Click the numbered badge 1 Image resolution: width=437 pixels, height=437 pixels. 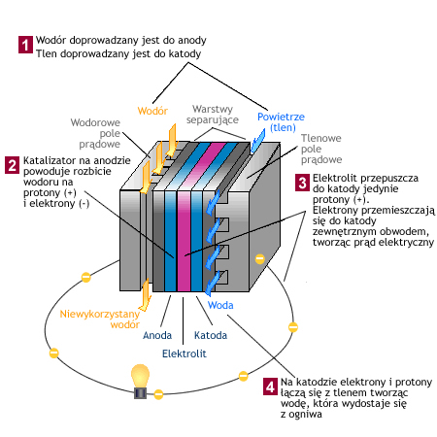(x=25, y=45)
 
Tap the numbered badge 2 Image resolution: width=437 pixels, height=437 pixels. (x=13, y=165)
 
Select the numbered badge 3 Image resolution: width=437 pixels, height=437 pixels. (x=302, y=183)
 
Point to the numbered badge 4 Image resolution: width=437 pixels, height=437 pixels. (x=270, y=387)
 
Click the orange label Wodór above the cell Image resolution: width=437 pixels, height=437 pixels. (x=152, y=111)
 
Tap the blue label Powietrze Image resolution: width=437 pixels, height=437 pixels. (x=281, y=117)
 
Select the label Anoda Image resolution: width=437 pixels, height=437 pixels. (x=157, y=335)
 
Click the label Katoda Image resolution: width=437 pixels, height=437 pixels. (x=211, y=335)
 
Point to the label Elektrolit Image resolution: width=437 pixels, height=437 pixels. (x=185, y=353)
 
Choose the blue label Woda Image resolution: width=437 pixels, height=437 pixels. (x=220, y=305)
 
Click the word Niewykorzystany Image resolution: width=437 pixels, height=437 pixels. (x=100, y=314)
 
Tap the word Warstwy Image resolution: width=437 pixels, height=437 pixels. (x=213, y=109)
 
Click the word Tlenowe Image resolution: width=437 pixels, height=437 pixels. (x=321, y=138)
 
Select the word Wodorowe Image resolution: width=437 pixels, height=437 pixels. (x=95, y=122)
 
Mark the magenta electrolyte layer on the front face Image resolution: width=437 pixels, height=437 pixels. (x=184, y=241)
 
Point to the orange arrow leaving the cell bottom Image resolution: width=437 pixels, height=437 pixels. (x=146, y=294)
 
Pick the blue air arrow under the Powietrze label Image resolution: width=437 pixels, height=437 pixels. (x=258, y=141)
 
